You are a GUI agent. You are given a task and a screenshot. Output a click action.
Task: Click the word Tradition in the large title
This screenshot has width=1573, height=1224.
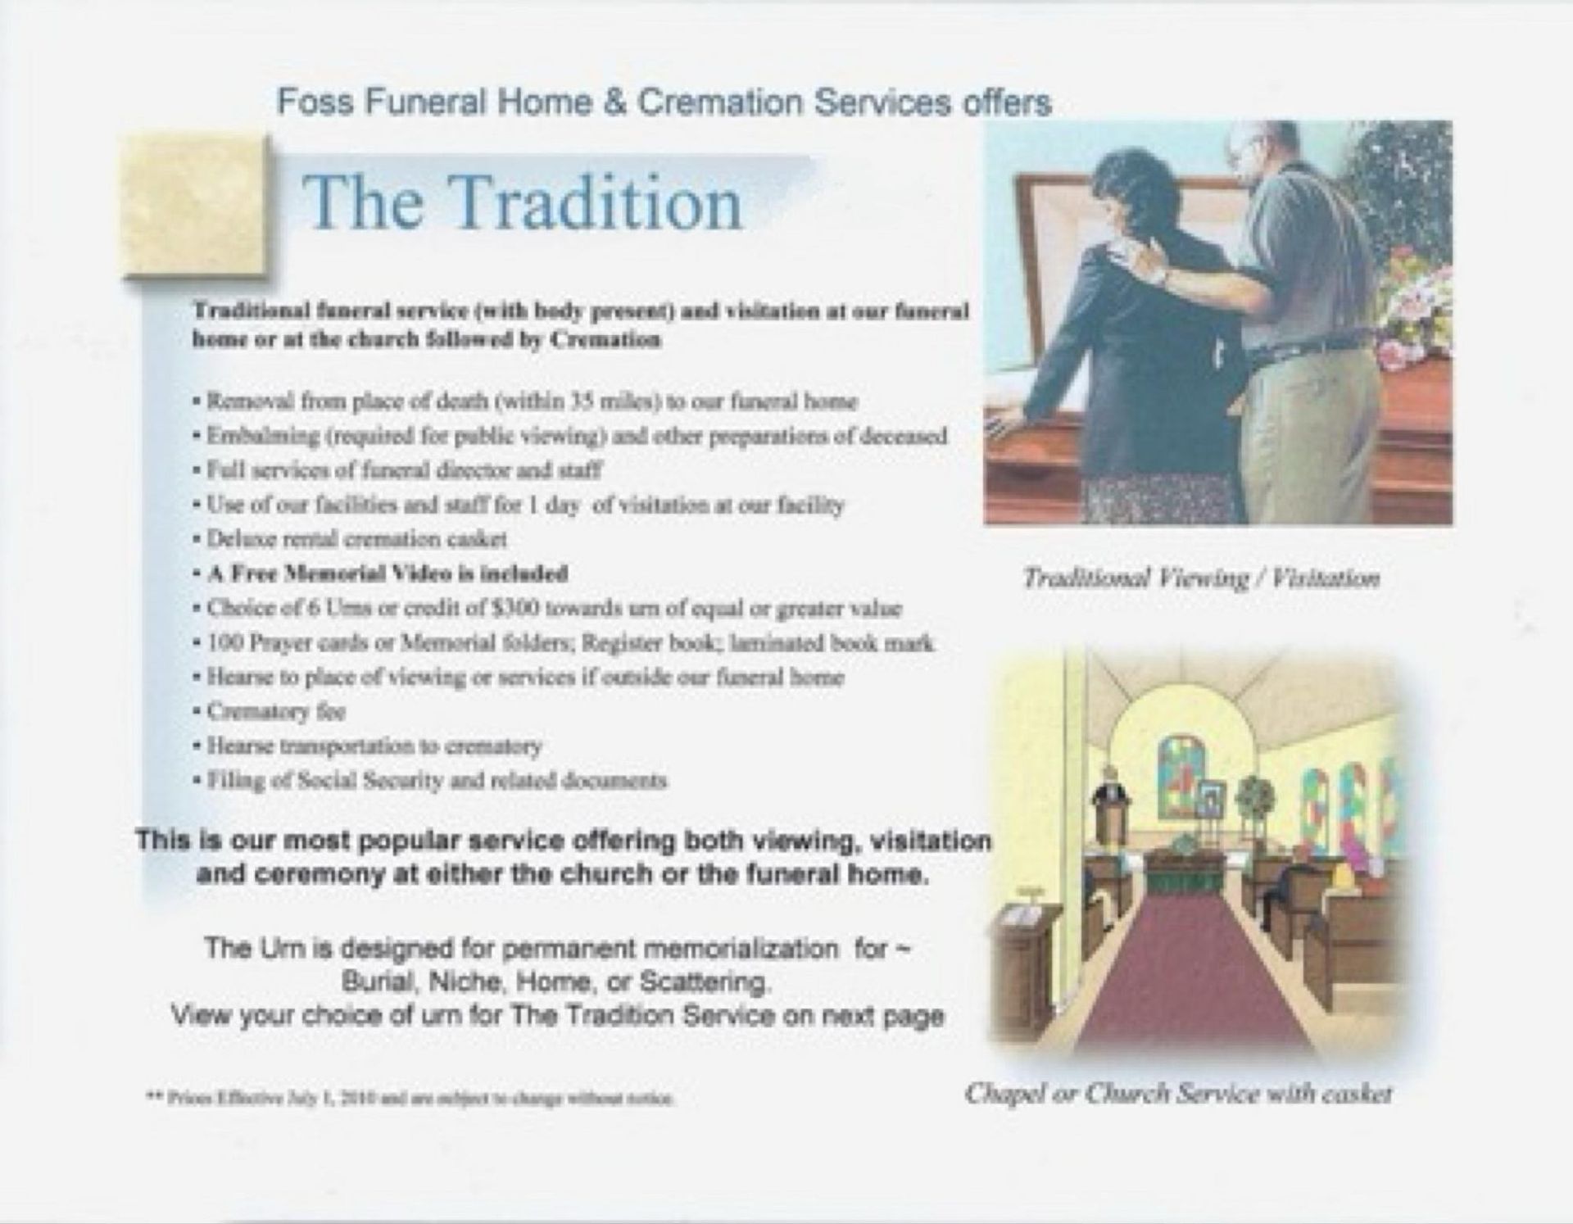(596, 205)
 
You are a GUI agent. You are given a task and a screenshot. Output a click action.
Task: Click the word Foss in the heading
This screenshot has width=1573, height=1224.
(315, 102)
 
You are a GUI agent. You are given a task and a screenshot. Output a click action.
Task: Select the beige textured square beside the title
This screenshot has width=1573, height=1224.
(196, 206)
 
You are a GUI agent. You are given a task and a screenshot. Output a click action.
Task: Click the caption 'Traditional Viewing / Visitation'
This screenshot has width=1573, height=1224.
(1200, 579)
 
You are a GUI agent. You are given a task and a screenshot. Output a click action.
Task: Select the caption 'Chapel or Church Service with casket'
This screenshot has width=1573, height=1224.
(1178, 1094)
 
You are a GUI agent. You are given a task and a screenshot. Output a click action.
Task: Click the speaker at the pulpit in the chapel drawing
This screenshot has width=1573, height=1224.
(1111, 791)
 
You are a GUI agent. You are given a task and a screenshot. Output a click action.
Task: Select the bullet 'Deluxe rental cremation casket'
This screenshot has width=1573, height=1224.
(357, 539)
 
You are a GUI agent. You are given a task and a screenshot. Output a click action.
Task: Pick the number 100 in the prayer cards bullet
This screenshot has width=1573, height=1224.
(221, 643)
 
